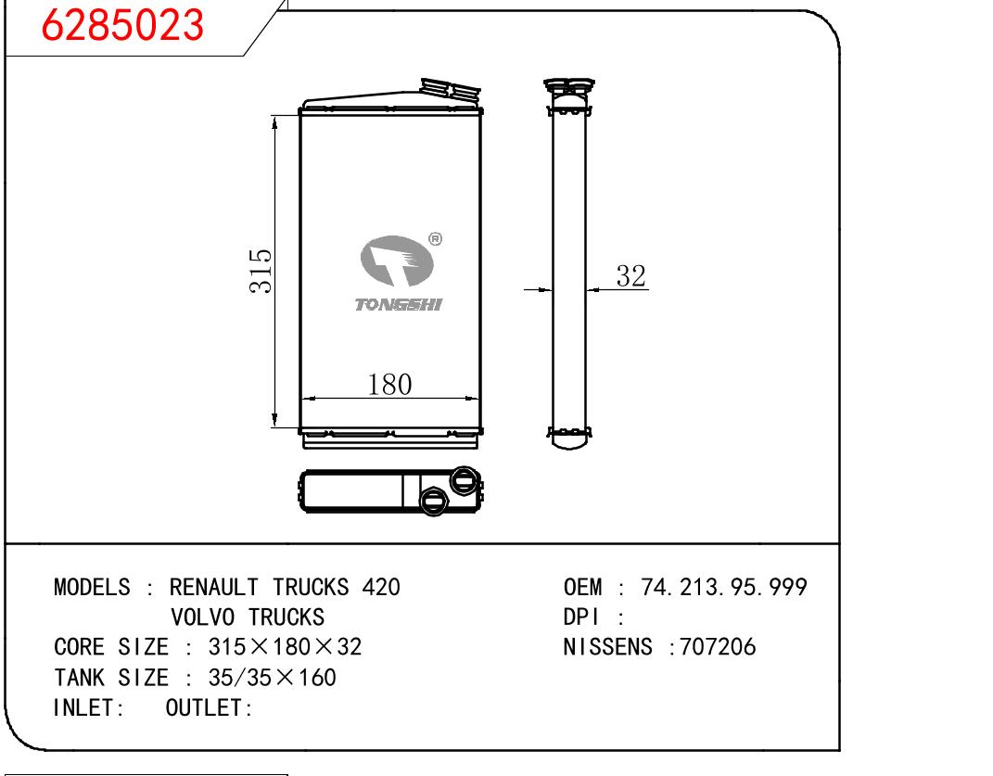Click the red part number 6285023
pos(122,25)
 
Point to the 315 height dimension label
pos(261,271)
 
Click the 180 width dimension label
pos(389,385)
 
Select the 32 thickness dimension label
pos(630,276)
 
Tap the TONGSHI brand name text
pos(399,305)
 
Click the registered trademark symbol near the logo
pos(435,239)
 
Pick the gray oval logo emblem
pos(397,261)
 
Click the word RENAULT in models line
pos(213,587)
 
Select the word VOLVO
pos(203,617)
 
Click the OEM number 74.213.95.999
pos(724,587)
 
